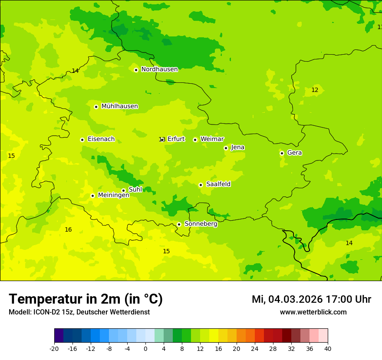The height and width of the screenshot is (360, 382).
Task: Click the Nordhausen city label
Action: coord(159,69)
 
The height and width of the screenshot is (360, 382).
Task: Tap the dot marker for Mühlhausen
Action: coord(96,107)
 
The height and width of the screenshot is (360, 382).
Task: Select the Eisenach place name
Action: coord(101,139)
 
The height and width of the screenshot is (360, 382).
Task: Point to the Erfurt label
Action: coord(176,139)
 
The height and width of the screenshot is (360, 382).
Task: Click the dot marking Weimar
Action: coord(195,140)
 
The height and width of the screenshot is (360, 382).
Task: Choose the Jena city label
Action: coord(238,147)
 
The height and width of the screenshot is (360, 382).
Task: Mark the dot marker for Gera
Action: coord(282,153)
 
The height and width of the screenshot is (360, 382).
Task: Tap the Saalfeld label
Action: coord(218,184)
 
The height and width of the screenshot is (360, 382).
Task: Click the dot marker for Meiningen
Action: coord(92,196)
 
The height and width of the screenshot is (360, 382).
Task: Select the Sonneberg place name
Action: coord(201,224)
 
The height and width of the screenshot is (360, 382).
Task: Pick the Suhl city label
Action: coord(135,190)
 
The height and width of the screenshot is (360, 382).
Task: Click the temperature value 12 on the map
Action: coord(315,90)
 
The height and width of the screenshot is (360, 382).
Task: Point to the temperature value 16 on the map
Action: coord(68,229)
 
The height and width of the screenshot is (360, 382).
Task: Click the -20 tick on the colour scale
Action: coord(54,349)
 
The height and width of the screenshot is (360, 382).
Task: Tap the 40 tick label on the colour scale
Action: coord(328,349)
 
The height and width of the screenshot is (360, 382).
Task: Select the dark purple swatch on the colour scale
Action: coord(59,336)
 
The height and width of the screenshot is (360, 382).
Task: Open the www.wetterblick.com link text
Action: coord(313,312)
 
